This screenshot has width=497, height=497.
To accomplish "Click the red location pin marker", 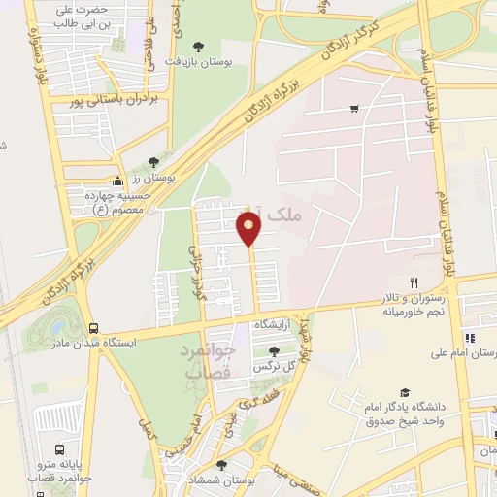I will (x=249, y=228).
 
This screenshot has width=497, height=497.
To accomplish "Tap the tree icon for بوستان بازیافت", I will (x=199, y=46).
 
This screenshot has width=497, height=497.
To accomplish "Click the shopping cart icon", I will (x=354, y=108).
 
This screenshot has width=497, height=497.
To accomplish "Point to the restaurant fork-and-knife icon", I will (x=414, y=282).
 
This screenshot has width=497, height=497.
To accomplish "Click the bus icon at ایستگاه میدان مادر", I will (x=94, y=328).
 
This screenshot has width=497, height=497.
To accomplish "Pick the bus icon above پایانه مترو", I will (x=60, y=450).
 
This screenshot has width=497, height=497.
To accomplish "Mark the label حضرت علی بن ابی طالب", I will (x=79, y=15).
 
